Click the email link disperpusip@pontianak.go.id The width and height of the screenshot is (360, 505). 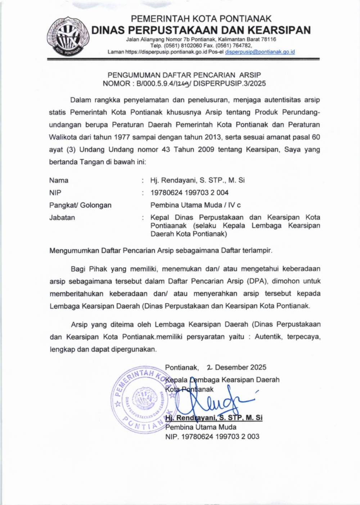click(260, 52)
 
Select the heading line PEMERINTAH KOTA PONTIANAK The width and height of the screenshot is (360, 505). click(201, 19)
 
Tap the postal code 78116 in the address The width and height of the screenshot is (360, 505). click(269, 39)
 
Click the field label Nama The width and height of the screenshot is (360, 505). click(59, 180)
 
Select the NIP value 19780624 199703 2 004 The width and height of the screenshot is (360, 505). click(189, 193)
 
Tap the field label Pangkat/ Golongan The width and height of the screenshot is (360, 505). click(80, 205)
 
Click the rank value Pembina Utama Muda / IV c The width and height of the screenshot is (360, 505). click(195, 205)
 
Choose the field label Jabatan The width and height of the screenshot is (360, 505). click(62, 218)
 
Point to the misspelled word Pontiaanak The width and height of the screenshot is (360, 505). click(168, 226)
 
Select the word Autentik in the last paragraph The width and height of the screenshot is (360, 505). click(268, 337)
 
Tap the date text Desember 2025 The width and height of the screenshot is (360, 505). click(240, 367)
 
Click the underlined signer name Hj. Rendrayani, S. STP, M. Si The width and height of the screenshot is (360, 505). click(213, 418)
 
